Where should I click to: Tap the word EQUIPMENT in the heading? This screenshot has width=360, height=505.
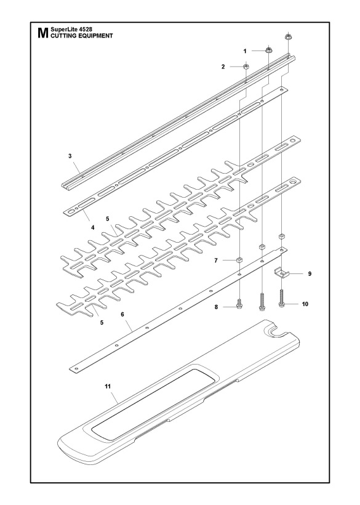(x=95, y=36)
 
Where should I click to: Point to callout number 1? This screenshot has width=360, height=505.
(x=245, y=51)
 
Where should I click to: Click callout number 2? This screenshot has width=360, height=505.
(x=223, y=67)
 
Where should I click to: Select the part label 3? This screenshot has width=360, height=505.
(x=70, y=156)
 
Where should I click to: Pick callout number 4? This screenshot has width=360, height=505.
(x=93, y=227)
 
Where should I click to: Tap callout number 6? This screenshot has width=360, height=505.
(x=122, y=314)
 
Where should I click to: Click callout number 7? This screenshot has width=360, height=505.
(x=216, y=261)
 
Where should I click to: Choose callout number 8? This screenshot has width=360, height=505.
(x=216, y=307)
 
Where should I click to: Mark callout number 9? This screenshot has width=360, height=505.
(x=310, y=274)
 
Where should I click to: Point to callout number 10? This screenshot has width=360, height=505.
(x=305, y=304)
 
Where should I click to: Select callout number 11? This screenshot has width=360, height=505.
(x=108, y=386)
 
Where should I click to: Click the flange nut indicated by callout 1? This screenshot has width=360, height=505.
(x=268, y=50)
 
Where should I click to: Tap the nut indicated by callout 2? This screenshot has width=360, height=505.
(x=246, y=67)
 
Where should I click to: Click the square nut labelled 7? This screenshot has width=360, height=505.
(x=239, y=260)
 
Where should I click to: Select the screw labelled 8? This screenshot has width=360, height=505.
(x=239, y=304)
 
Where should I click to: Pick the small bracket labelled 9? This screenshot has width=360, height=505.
(x=282, y=273)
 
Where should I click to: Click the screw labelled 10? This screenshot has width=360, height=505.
(x=282, y=299)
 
